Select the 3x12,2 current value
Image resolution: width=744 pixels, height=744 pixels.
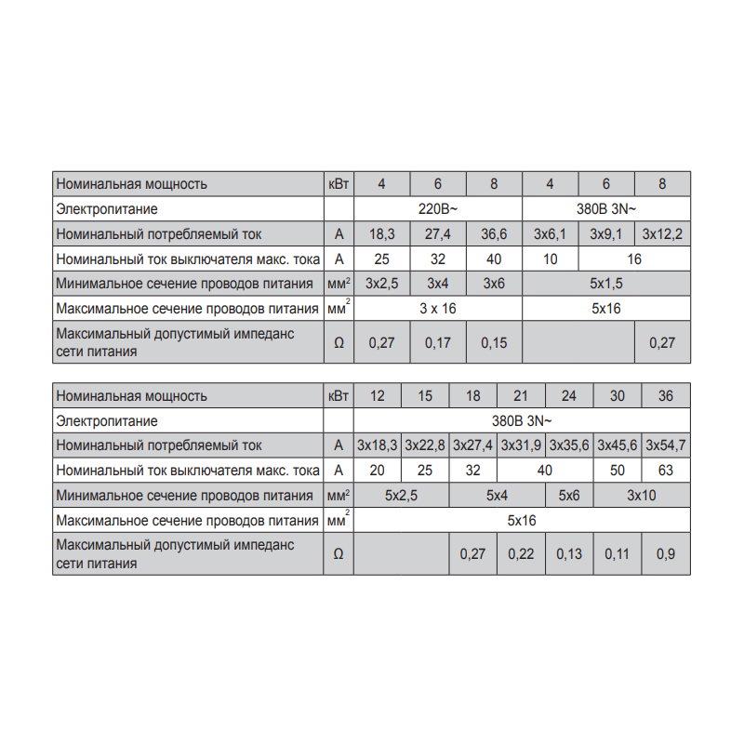(662, 234)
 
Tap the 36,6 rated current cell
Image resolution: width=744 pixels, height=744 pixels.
(494, 234)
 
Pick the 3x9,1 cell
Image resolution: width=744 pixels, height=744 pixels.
(606, 234)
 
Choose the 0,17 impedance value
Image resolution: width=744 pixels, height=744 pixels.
(438, 342)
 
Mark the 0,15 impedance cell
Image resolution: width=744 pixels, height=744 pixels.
(494, 342)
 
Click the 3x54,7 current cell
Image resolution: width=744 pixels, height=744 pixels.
(666, 445)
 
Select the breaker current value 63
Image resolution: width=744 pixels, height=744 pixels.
(666, 471)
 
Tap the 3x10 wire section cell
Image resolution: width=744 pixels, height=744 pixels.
(642, 496)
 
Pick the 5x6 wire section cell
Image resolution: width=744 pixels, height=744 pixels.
(569, 496)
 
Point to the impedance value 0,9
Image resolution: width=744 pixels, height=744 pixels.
(666, 554)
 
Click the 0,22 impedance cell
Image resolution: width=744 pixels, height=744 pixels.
(521, 554)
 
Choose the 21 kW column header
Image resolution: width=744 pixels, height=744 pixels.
(521, 395)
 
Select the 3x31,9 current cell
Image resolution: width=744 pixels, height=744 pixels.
(521, 445)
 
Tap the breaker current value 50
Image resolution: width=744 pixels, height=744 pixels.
(618, 471)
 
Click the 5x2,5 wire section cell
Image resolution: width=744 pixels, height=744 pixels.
(402, 496)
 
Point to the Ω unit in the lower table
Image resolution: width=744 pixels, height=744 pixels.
(338, 554)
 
